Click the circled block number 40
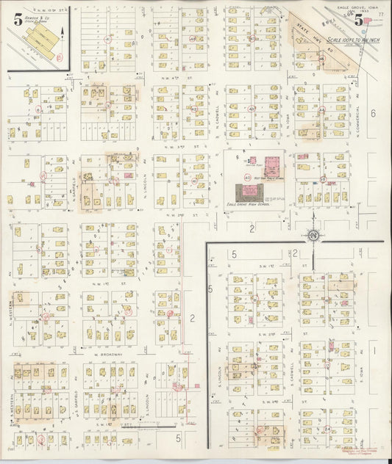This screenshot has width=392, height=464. pos(247,177)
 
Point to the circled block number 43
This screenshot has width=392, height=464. pos(252,109)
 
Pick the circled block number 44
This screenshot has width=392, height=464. pos(321,110)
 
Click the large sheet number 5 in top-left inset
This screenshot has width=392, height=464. pos(16,21)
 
